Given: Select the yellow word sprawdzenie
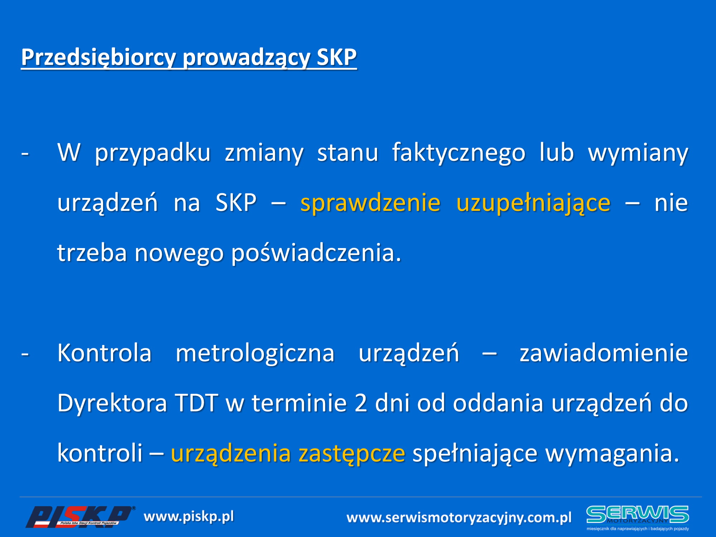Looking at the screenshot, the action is coord(370,203).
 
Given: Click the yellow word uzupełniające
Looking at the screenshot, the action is coord(533,203).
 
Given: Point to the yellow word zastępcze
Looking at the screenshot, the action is coord(352,454).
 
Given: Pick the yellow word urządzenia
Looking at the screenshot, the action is coord(231,454).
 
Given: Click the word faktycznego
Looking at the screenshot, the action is coord(459,153).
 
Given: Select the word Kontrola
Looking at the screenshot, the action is coord(105,353).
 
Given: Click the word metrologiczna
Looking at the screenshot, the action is coord(255,353).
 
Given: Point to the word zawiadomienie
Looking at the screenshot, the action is coord(604,353).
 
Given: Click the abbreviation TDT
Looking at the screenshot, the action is coord(196,403).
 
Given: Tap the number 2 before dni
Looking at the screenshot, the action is coord(361,403).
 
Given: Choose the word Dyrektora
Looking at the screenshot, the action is coord(112,403).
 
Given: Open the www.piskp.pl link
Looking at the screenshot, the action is coord(189,517).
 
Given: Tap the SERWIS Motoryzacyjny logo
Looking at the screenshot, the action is coord(638,518).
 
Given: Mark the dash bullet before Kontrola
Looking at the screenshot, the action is coord(25,354).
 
